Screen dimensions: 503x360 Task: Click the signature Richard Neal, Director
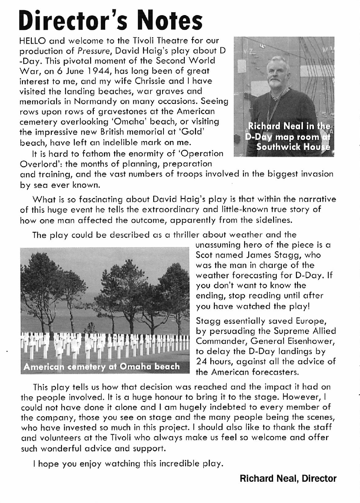point(288,479)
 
